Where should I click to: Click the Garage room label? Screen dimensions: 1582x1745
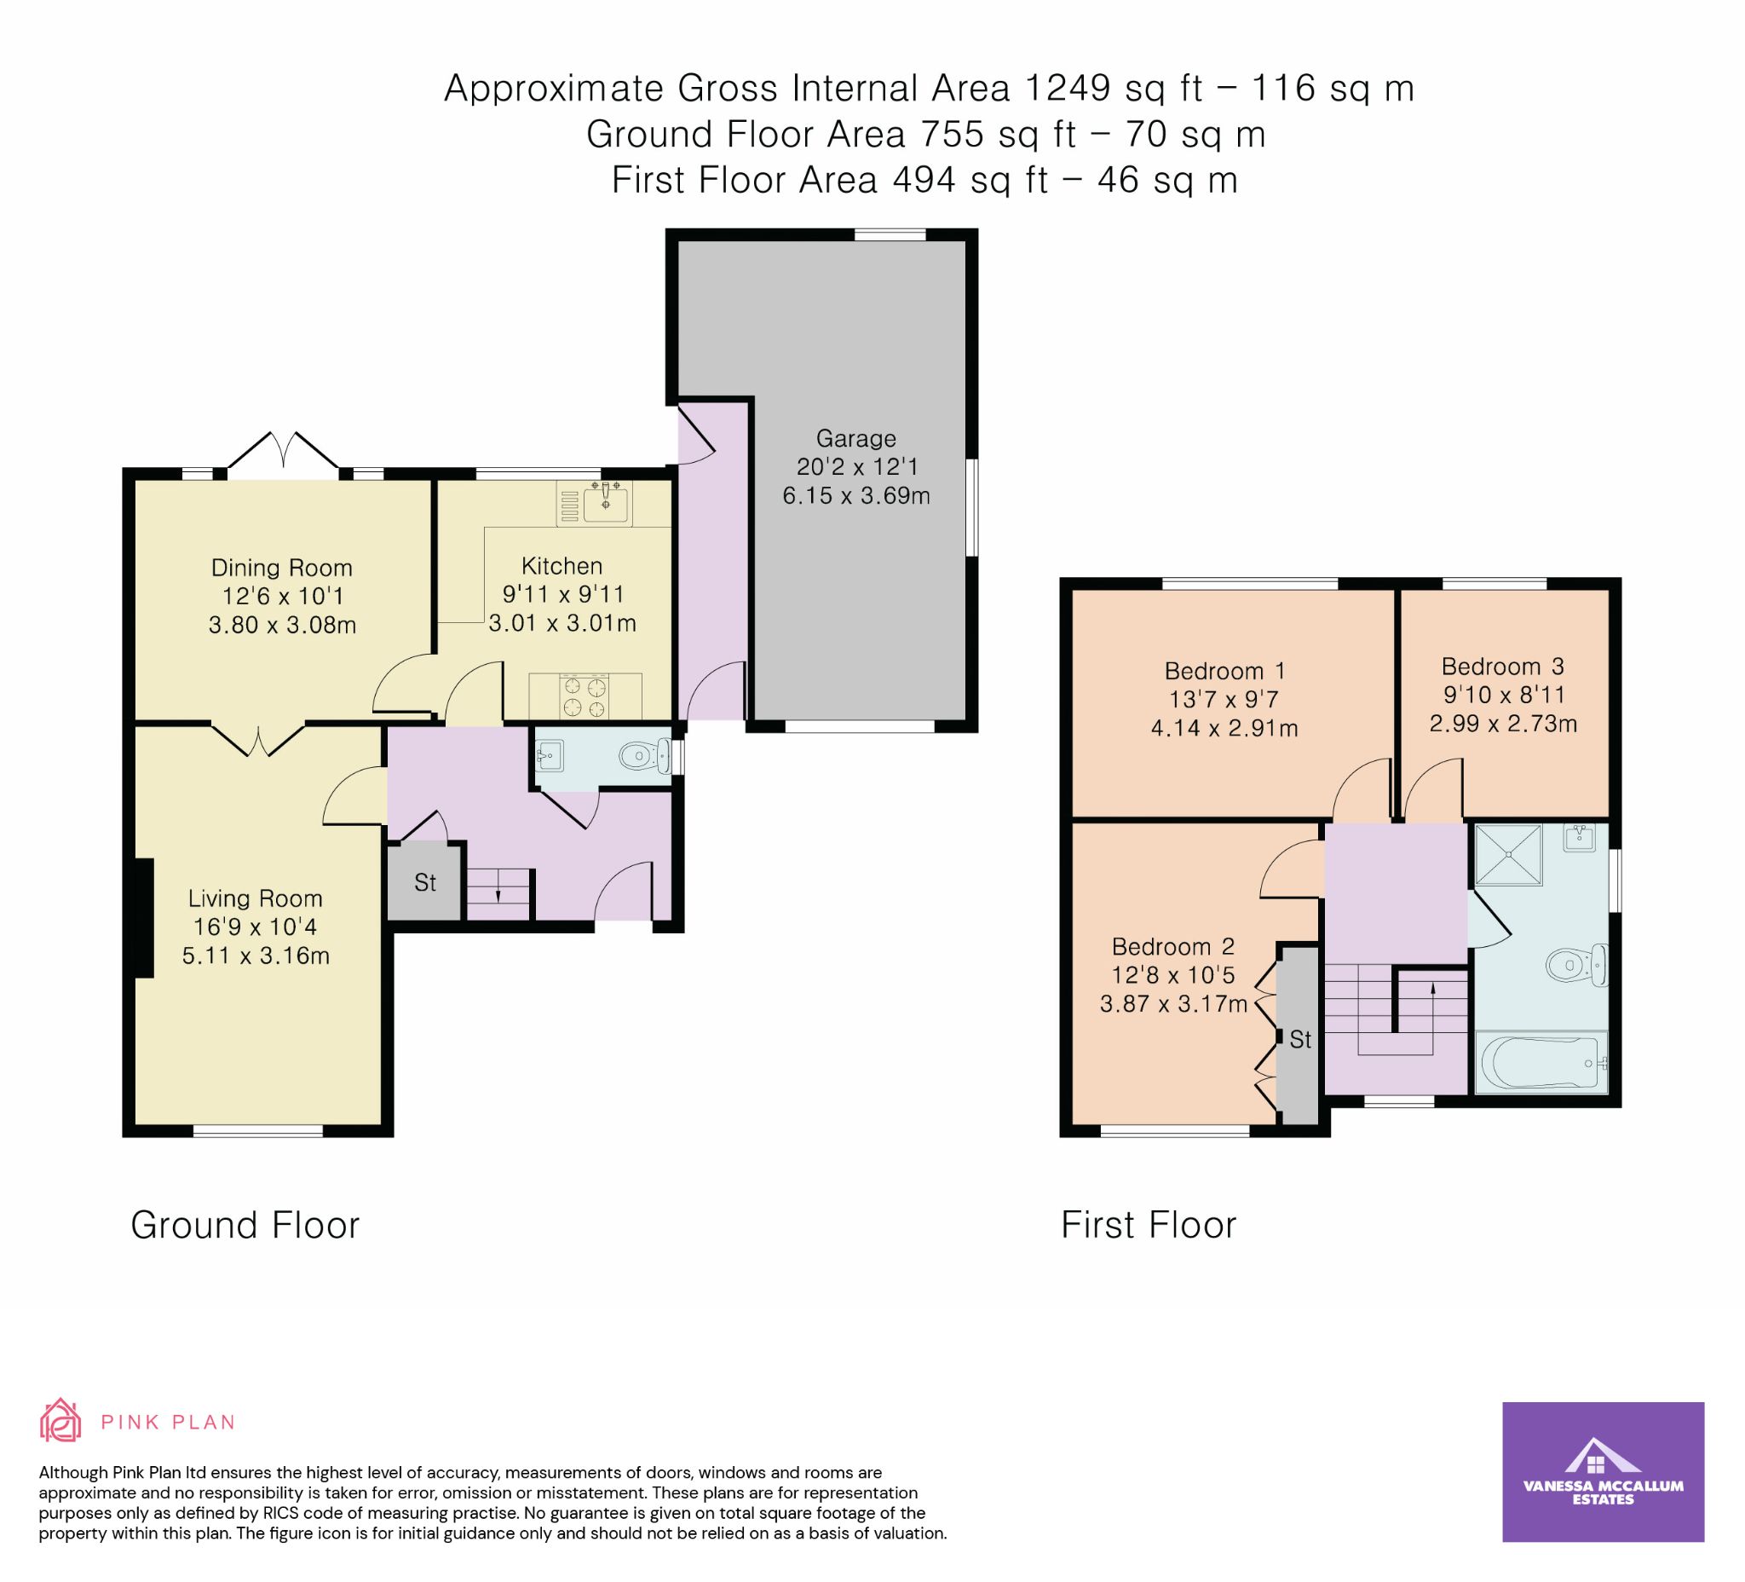click(855, 438)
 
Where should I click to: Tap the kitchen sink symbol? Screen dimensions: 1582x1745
click(605, 503)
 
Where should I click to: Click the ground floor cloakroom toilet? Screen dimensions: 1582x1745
click(646, 757)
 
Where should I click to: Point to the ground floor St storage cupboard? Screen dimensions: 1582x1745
click(424, 882)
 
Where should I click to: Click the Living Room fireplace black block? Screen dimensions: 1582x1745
click(144, 918)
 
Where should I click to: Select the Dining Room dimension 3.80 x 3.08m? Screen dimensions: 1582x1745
click(282, 624)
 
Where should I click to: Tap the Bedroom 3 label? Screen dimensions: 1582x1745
click(1503, 666)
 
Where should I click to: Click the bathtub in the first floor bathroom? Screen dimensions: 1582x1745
click(1540, 1062)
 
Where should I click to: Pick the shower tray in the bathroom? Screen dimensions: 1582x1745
click(1509, 854)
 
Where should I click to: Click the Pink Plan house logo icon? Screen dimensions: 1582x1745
click(60, 1421)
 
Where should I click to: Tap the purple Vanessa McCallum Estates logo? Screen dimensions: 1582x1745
click(1603, 1472)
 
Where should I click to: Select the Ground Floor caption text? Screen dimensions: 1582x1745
click(245, 1225)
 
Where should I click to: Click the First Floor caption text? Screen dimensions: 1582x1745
click(1149, 1225)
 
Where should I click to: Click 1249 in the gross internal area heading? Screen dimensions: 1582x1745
click(1068, 89)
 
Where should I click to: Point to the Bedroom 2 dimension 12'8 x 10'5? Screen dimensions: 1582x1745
click(1173, 975)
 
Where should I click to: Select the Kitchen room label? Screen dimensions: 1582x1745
click(562, 566)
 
